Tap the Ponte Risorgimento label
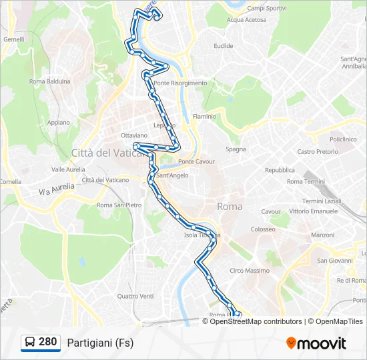pos(180,83)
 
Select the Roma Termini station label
pos(305,181)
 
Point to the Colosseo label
pos(263,229)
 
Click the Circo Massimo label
pos(250,271)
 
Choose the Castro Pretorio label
pos(318,151)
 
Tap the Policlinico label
pos(343,139)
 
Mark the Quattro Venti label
pos(135,296)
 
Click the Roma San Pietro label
pos(119,205)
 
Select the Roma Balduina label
pos(50,81)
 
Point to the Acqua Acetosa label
pos(246,20)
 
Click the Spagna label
pos(236,149)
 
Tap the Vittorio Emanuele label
pos(314,211)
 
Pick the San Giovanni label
pos(334,261)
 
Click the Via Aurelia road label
pos(54,192)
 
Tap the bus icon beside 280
pos(30,343)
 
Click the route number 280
pos(48,342)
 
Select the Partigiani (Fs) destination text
pos(100,343)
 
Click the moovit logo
pos(316,343)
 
